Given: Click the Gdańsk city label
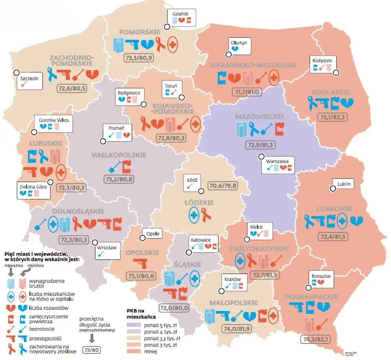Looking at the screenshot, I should [x=180, y=14].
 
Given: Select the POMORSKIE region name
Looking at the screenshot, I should [x=139, y=32].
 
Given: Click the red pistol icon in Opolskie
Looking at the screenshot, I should [x=140, y=263].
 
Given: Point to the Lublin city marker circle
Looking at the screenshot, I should [x=333, y=188].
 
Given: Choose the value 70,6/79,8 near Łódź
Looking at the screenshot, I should [x=223, y=186].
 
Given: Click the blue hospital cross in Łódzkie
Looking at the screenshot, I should [x=194, y=215].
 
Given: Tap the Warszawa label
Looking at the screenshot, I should [x=277, y=161].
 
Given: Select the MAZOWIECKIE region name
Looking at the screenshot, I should [x=260, y=116].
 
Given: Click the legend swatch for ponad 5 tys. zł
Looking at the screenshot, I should [x=134, y=325].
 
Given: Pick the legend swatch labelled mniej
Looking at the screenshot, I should [x=134, y=352].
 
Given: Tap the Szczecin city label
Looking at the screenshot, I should [x=29, y=79].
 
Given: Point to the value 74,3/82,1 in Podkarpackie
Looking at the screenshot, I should [x=316, y=339].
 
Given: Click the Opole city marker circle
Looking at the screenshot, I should [x=142, y=238].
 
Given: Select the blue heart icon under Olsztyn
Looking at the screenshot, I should [x=234, y=49].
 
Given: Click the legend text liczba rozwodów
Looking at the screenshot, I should [x=49, y=308].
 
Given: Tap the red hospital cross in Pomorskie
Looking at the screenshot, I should [x=173, y=45].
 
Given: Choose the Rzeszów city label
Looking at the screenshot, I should [x=321, y=276].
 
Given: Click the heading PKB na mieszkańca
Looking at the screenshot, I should [x=141, y=313].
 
